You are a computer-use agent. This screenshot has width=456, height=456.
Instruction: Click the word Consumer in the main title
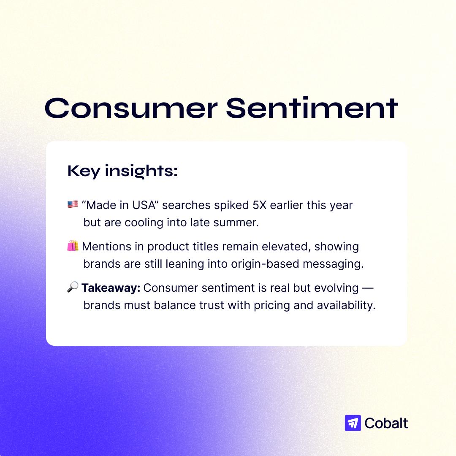click(131, 108)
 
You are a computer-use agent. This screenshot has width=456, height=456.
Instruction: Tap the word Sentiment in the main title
click(312, 108)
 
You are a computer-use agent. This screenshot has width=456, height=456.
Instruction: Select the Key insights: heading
click(122, 171)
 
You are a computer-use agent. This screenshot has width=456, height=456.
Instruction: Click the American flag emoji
click(73, 204)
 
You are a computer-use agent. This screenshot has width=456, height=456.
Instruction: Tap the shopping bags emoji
click(73, 246)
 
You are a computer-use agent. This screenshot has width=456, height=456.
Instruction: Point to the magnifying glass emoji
click(73, 287)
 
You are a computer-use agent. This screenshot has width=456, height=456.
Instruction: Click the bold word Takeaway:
click(111, 288)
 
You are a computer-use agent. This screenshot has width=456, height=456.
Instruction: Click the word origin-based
click(265, 264)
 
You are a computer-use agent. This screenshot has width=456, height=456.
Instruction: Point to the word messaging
click(333, 264)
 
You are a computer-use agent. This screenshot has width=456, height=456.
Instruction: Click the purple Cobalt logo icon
click(353, 423)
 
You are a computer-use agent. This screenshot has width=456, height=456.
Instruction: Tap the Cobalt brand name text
click(386, 423)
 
